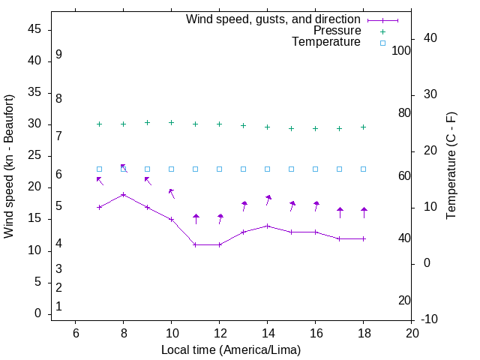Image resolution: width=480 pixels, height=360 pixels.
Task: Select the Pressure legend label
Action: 337,31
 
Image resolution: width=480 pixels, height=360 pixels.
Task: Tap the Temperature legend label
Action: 326,42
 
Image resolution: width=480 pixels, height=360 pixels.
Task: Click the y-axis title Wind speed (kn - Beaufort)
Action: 9,166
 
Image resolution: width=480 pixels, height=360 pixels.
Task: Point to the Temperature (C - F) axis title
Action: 451,166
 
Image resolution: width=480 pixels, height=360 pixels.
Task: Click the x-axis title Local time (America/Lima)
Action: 231,349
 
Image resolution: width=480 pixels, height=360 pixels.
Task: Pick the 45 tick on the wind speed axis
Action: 33,29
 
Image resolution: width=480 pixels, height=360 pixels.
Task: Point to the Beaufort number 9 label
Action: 58,55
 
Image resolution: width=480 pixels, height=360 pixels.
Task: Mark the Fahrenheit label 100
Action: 401,50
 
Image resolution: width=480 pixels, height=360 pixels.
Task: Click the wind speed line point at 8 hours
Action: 123,194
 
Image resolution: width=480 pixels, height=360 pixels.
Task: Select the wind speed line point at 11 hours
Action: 195,244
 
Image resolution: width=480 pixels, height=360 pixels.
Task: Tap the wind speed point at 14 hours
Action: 267,226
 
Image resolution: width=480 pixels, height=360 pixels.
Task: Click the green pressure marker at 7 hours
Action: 99,124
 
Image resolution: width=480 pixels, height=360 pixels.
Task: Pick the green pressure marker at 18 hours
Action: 363,127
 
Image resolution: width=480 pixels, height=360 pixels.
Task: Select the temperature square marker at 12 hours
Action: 219,169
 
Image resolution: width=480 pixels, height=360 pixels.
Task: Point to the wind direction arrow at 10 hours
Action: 172,193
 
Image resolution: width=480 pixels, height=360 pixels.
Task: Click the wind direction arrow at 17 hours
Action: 340,212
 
